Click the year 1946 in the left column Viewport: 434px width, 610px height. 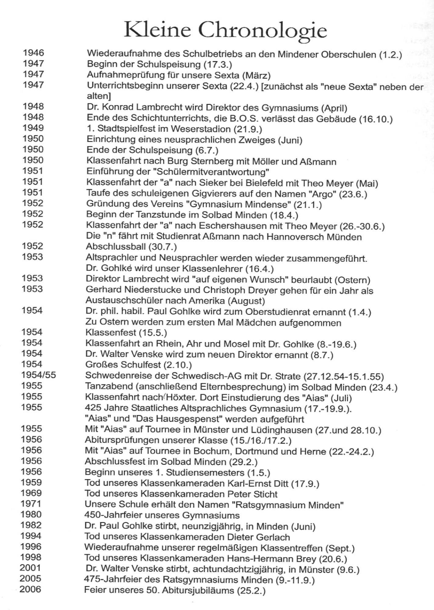34,53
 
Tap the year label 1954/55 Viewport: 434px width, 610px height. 38,375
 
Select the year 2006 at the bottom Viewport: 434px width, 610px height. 30,589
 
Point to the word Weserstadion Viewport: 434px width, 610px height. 200,129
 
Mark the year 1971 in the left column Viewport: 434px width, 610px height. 31,503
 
